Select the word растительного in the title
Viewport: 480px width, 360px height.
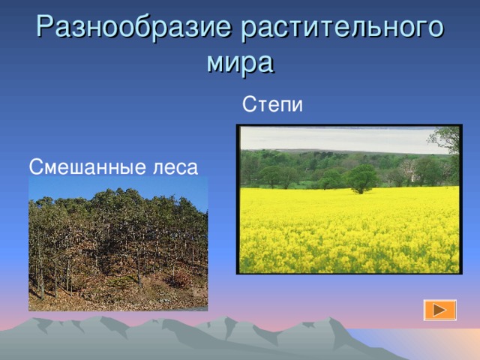(342, 28)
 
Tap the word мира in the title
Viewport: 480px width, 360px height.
(240, 63)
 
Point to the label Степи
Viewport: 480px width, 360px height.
(272, 104)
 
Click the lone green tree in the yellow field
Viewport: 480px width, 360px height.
(363, 179)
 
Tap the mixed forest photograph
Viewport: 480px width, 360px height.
(118, 244)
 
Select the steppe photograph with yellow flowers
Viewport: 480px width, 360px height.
(349, 199)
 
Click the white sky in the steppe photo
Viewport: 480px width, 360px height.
(337, 139)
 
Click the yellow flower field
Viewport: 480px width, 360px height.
(349, 230)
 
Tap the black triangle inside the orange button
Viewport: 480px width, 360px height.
(440, 310)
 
